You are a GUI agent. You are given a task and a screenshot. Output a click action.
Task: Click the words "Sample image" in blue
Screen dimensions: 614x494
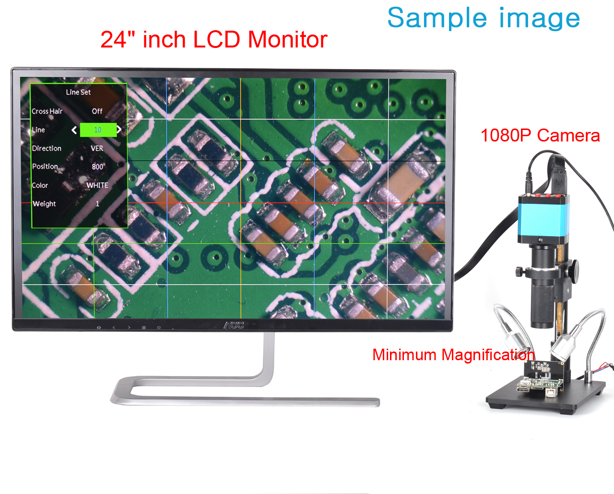tap(484, 18)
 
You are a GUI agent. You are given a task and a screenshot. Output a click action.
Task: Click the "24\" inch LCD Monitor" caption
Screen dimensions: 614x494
tap(214, 39)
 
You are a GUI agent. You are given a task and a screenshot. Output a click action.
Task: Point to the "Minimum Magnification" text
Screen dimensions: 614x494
tap(453, 355)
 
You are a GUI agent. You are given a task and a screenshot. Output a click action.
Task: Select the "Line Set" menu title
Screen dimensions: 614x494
tap(78, 92)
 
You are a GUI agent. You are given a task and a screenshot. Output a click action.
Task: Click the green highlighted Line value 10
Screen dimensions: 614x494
tap(98, 130)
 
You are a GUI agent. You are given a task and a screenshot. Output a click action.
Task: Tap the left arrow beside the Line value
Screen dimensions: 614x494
tap(74, 130)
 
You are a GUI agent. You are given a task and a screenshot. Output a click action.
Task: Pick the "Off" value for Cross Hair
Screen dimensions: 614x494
tap(97, 111)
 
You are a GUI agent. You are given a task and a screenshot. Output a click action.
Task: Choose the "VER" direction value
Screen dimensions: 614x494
tap(97, 148)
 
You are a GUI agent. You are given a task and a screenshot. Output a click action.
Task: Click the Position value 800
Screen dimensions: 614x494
tap(97, 166)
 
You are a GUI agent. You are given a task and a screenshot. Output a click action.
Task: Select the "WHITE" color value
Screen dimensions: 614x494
tap(97, 185)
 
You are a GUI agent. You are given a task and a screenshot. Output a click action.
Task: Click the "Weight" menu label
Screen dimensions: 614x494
tap(44, 204)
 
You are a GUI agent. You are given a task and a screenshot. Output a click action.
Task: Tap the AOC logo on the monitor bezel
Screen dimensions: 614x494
tap(234, 325)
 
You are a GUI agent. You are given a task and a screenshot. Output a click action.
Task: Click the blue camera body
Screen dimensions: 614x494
tap(543, 219)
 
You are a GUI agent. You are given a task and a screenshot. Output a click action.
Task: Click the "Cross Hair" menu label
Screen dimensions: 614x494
tap(47, 111)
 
